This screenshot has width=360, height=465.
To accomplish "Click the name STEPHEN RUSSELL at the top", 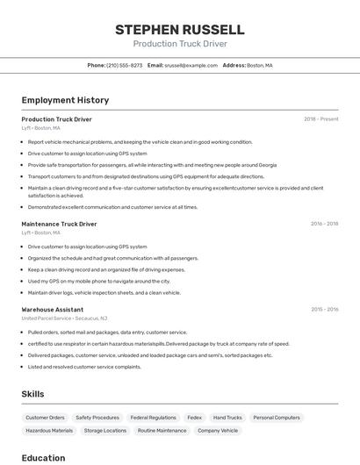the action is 179,30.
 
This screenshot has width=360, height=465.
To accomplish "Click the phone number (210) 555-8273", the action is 124,65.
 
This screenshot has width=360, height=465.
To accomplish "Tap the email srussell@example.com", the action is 191,65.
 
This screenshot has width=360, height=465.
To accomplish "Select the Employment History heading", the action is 65,101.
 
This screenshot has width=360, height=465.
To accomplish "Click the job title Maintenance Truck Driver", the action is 59,224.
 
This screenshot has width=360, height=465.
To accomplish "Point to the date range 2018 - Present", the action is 320,119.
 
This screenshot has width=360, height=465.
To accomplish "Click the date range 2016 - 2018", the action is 324,224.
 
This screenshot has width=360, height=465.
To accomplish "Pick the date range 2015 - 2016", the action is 324,309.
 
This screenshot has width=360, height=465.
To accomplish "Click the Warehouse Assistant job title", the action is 53,309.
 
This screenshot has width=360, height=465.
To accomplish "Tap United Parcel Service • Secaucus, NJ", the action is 64,318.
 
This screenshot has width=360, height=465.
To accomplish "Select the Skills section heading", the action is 32,395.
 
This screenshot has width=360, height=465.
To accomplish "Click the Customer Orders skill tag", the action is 45,418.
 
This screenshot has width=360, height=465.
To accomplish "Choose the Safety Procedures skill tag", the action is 97,418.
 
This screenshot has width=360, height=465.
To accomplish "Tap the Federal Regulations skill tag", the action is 153,418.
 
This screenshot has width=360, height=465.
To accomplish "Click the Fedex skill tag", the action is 194,418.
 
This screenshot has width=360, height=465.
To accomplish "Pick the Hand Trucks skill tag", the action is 227,418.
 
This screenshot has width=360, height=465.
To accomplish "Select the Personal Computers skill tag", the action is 277,418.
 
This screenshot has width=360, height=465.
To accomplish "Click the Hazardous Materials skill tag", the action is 49,431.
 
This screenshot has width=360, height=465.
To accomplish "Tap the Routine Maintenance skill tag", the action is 162,431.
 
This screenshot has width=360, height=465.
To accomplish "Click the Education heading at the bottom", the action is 43,458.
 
